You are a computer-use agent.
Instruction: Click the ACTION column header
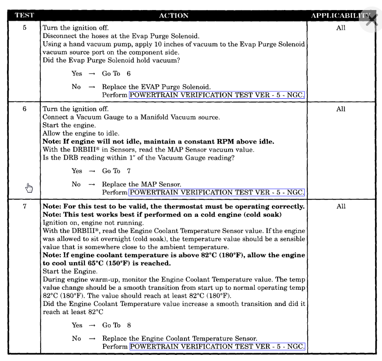(174, 16)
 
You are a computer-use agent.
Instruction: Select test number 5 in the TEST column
(24, 28)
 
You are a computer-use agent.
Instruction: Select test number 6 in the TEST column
(24, 109)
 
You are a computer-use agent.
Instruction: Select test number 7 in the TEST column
(24, 206)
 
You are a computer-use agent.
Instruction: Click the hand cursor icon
(29, 188)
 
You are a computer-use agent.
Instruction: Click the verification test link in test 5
(217, 94)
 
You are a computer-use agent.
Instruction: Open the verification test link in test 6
(217, 192)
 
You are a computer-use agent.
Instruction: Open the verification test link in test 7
(217, 347)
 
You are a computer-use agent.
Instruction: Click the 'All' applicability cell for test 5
(340, 28)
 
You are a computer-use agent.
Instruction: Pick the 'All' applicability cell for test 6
(340, 109)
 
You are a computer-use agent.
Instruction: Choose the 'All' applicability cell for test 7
(340, 207)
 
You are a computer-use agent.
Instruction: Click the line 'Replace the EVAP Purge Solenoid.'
(156, 87)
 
